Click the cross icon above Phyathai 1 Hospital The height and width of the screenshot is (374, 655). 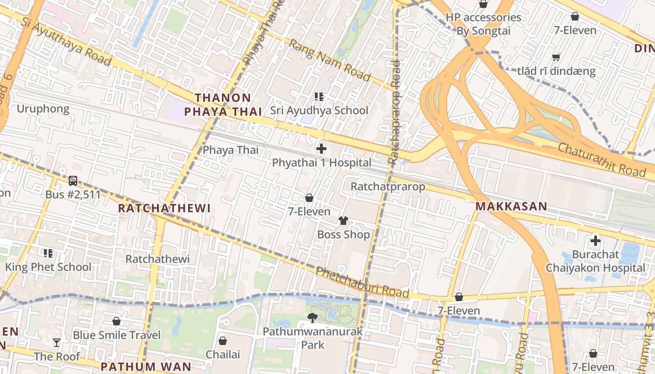click(321, 149)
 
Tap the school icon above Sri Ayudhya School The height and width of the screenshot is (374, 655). click(319, 97)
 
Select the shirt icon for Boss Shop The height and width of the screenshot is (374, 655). click(343, 221)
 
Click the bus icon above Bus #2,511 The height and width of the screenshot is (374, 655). click(73, 180)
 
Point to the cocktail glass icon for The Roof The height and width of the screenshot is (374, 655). click(57, 343)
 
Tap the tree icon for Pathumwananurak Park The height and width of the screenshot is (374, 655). click(312, 318)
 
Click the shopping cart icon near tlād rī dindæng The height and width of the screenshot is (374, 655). click(556, 58)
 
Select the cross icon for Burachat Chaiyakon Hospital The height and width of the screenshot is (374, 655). click(595, 241)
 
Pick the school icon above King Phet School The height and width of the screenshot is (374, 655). click(48, 253)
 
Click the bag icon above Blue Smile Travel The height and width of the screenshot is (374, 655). click(116, 321)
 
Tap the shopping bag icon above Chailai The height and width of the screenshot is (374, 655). click(223, 341)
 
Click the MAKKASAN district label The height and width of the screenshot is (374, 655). click(511, 206)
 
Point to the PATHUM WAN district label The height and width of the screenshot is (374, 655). click(146, 367)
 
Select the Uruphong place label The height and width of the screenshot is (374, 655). click(43, 109)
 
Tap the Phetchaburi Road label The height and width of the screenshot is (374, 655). click(362, 282)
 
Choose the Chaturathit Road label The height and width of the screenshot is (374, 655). click(601, 160)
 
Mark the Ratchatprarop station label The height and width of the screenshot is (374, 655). click(388, 187)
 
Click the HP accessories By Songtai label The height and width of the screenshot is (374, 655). click(483, 24)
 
